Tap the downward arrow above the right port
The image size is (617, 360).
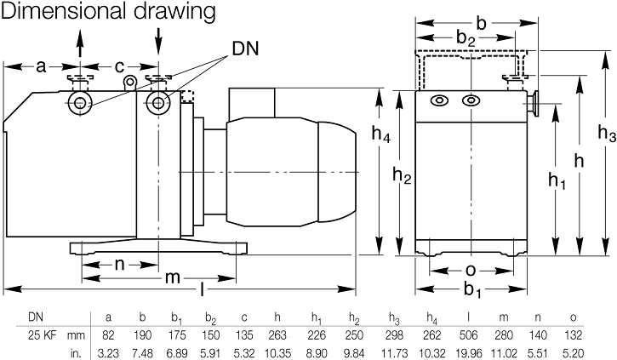click(158, 40)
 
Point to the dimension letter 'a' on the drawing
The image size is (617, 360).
click(41, 65)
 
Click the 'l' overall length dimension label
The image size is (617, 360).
click(202, 290)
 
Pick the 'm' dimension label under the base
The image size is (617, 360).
click(171, 278)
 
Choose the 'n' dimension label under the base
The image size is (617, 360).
click(120, 264)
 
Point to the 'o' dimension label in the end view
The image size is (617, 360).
click(471, 270)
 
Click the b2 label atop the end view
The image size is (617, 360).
click(466, 38)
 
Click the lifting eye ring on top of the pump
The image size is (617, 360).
click(129, 82)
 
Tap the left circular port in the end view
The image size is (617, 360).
click(439, 101)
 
